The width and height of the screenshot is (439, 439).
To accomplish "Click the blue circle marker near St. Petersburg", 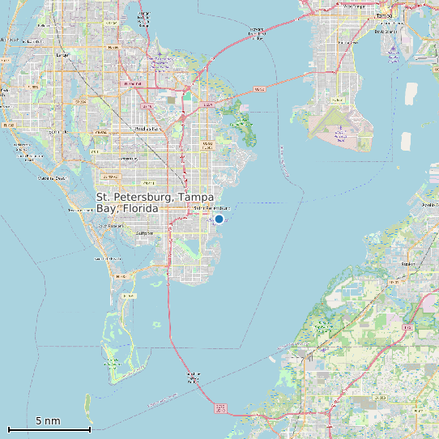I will (x=219, y=219).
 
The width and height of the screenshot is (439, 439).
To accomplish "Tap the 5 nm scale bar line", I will (x=49, y=429).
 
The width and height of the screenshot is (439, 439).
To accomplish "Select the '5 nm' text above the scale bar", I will (x=48, y=420).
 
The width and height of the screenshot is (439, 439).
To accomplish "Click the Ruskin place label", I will (x=408, y=263).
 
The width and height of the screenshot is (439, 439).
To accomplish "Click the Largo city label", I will (x=62, y=55).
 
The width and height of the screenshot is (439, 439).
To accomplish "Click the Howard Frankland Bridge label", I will (x=256, y=32).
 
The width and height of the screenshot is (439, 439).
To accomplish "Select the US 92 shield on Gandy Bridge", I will (x=259, y=89).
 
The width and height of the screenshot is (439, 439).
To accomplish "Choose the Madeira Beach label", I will (x=50, y=177).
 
